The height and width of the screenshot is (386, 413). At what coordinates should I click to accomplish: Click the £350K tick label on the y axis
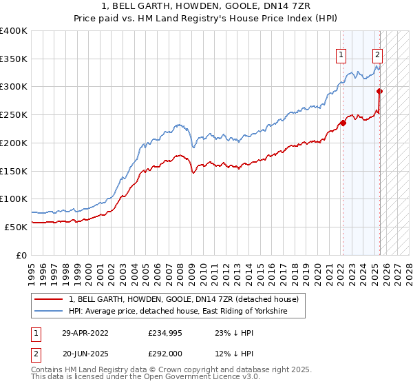pyautogui.click(x=14, y=59)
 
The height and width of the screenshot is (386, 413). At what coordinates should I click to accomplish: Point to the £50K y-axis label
pyautogui.click(x=16, y=227)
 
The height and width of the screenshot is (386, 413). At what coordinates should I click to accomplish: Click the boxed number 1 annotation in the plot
pyautogui.click(x=341, y=57)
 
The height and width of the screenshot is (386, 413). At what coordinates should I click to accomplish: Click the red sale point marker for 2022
pyautogui.click(x=343, y=123)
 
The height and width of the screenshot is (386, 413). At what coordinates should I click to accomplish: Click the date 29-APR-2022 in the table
pyautogui.click(x=85, y=332)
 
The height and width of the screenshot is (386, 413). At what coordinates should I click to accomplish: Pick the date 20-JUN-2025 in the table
pyautogui.click(x=85, y=354)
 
